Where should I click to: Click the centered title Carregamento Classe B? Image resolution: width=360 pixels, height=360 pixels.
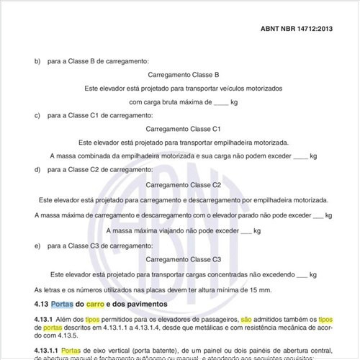pyautogui.click(x=183, y=74)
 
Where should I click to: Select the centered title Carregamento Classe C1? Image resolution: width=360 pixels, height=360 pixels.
pyautogui.click(x=183, y=128)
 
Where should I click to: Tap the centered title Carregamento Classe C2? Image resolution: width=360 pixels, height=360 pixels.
pyautogui.click(x=183, y=186)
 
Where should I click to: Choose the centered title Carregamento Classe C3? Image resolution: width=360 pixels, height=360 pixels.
pyautogui.click(x=183, y=259)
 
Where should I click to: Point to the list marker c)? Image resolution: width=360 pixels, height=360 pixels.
pyautogui.click(x=37, y=115)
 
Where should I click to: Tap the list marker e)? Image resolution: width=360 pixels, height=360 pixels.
pyautogui.click(x=37, y=246)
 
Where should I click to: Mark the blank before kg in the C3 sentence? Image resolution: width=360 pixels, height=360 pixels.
pyautogui.click(x=302, y=274)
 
